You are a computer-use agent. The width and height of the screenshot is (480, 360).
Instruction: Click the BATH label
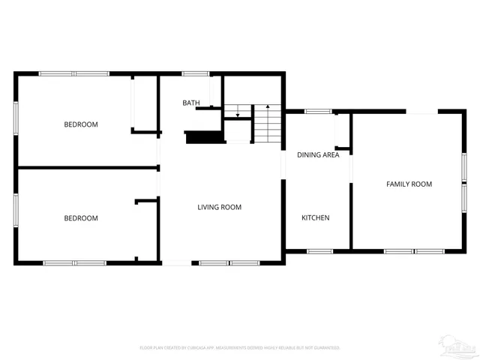[x=191, y=103]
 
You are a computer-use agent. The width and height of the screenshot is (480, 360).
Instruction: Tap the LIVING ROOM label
[x=219, y=207]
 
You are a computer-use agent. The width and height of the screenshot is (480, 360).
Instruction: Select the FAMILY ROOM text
[x=409, y=184]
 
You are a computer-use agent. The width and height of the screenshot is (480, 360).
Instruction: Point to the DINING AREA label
[x=318, y=155]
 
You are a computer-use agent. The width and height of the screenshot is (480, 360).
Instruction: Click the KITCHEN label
[x=315, y=217]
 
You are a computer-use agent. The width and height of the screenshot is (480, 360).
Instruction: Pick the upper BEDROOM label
[x=80, y=124]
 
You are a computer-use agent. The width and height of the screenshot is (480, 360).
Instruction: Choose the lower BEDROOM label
[x=80, y=218]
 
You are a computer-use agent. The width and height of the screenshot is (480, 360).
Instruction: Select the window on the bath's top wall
[x=196, y=73]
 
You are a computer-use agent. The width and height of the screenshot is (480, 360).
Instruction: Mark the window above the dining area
[x=318, y=112]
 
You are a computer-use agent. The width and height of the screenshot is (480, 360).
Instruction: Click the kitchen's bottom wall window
[x=319, y=251]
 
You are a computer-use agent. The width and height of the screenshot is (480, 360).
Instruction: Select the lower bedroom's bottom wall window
[x=74, y=262]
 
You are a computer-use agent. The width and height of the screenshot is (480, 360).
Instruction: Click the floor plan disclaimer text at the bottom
[x=240, y=348]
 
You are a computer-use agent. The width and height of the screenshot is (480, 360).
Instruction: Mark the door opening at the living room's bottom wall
[x=176, y=262]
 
